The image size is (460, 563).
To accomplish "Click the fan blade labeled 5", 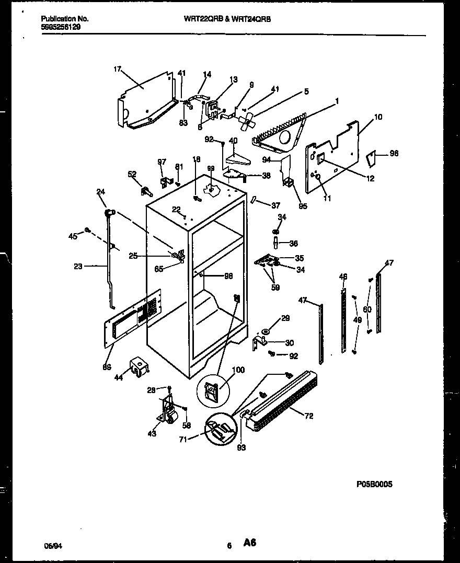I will click(x=245, y=121).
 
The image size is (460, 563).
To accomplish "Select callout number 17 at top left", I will click(x=117, y=68).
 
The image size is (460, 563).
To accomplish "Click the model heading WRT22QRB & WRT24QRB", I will click(x=227, y=18).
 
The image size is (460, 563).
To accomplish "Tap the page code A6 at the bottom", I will click(x=249, y=544).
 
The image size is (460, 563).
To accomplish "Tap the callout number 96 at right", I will click(x=394, y=154).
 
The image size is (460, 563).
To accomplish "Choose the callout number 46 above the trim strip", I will click(x=343, y=276).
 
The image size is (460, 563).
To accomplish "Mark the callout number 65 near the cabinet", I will click(x=159, y=269).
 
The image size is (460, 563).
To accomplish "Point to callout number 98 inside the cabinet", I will click(x=228, y=276).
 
